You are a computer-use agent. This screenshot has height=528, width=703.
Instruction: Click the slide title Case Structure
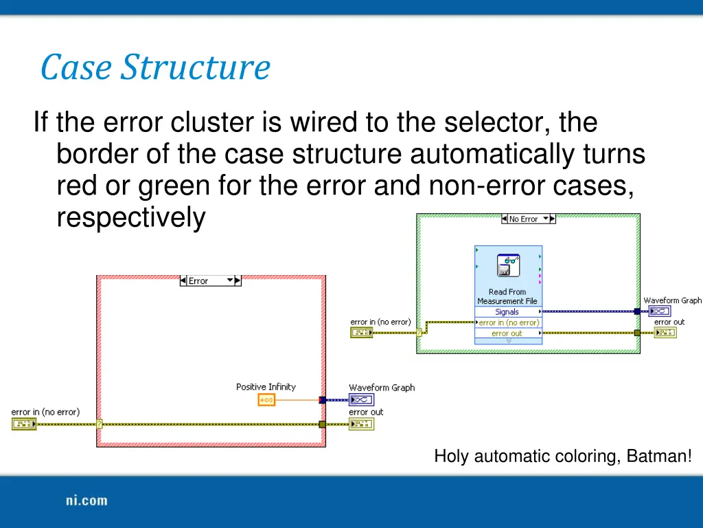pos(155,67)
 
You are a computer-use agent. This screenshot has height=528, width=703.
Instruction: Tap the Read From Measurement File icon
pos(508,265)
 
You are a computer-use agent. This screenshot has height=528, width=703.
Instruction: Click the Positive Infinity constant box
pos(266,400)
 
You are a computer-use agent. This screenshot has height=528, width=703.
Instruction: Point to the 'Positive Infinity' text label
pos(266,387)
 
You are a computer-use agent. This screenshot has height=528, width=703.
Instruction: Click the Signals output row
pos(507,311)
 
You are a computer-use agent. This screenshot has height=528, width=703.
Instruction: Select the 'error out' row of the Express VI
pos(507,333)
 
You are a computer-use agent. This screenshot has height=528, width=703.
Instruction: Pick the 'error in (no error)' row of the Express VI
pos(508,322)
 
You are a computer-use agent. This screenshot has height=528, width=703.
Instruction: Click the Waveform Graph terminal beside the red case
pos(361,400)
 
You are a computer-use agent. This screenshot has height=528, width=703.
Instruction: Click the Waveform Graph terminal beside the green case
pos(659,311)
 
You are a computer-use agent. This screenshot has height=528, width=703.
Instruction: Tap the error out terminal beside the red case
pos(361,425)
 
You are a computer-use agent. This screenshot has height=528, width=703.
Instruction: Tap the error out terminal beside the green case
pos(665,333)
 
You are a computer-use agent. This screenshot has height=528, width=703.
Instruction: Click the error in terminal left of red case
pos(24,425)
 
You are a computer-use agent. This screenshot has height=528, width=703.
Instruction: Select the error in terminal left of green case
pos(362,333)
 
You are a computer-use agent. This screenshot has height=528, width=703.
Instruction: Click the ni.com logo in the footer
pos(87,500)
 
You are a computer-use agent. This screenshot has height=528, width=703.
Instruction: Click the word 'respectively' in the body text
pos(130,218)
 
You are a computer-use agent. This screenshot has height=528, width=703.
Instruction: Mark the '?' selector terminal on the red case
pos(100,424)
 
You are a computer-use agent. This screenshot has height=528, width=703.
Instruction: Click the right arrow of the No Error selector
pos(553,219)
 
